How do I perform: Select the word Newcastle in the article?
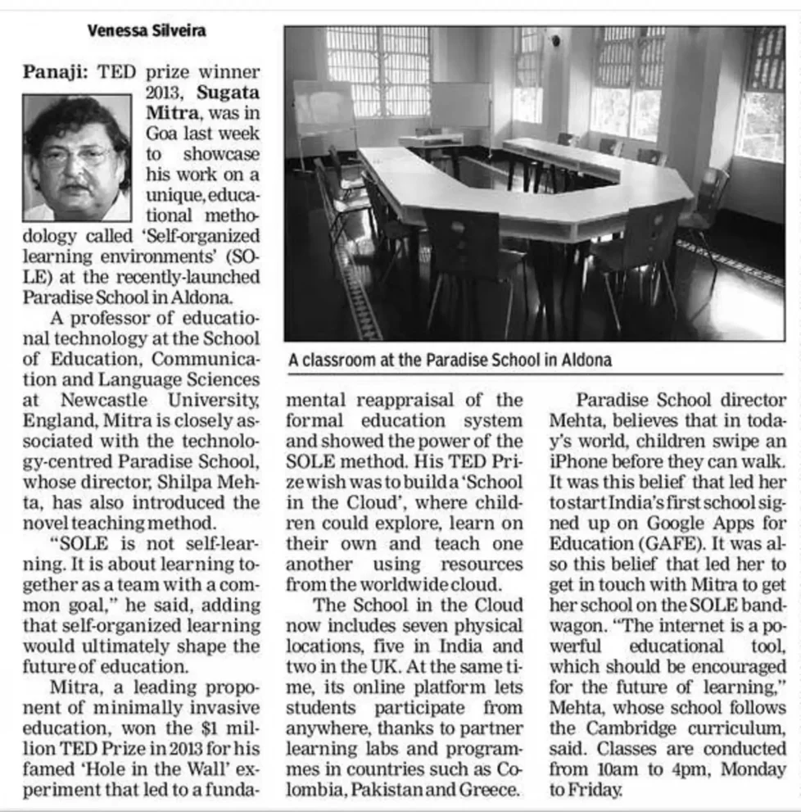click(106, 400)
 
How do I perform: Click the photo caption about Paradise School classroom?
click(450, 360)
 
